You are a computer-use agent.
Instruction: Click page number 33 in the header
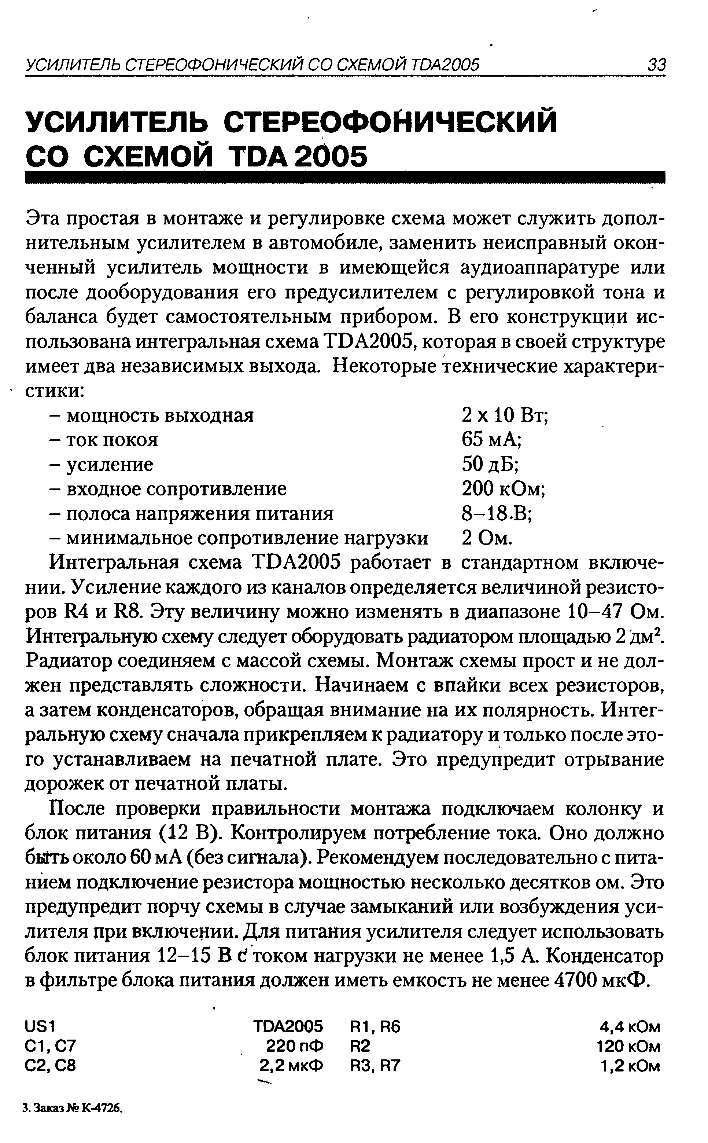[656, 65]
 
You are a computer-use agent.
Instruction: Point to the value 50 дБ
[490, 464]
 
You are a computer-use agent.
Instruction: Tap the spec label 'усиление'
[110, 464]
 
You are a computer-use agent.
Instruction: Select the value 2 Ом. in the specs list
[487, 538]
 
